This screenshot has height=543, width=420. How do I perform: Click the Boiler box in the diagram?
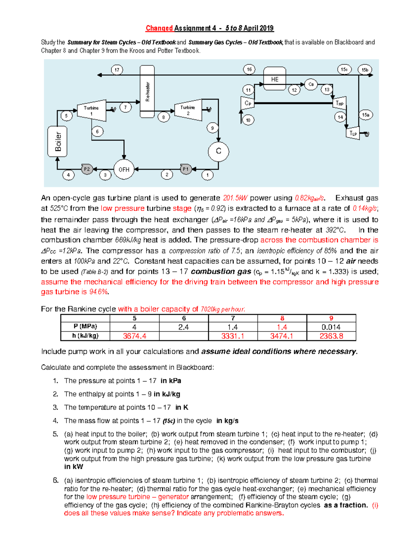57,141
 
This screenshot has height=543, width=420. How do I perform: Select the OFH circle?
124,170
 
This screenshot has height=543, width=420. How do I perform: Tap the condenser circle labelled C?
218,151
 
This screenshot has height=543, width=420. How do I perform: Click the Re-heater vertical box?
147,92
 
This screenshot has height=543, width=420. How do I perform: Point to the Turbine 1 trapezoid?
91,111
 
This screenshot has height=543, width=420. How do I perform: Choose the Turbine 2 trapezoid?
188,111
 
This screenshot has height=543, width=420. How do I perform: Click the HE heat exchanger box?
275,79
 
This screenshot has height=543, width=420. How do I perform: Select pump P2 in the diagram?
87,169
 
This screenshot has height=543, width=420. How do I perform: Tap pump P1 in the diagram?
185,169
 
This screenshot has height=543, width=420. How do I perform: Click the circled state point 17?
117,70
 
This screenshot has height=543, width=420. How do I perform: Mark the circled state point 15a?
365,115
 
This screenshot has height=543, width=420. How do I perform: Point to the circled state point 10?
248,120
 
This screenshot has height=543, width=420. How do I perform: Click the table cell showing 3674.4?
134,336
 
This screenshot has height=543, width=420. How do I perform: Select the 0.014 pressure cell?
331,327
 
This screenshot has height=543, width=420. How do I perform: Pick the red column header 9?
331,318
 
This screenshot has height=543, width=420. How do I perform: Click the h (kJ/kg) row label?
85,336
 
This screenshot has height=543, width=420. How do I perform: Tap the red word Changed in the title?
159,28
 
